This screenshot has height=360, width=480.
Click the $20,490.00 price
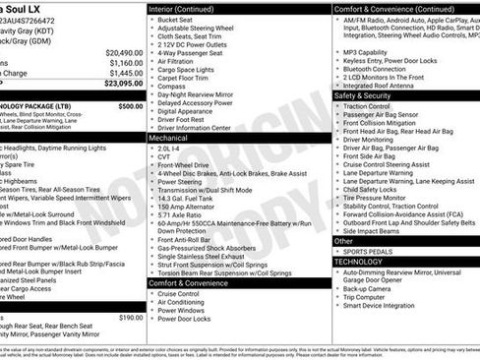click(x=123, y=52)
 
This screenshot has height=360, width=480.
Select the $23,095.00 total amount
click(x=123, y=84)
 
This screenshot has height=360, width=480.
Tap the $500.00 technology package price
click(x=129, y=105)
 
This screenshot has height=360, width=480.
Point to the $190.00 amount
click(x=130, y=318)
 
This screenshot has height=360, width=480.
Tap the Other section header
click(x=343, y=241)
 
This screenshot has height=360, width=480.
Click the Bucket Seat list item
click(x=174, y=19)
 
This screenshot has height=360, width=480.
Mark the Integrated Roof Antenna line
click(x=380, y=87)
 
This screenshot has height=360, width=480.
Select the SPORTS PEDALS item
click(x=369, y=253)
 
